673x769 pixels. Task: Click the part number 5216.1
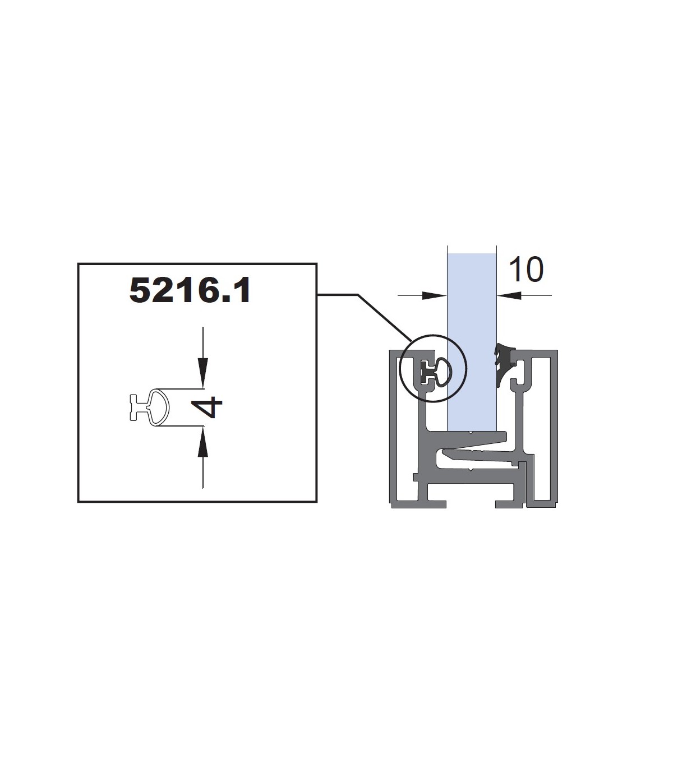click(190, 291)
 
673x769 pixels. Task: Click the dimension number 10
click(526, 269)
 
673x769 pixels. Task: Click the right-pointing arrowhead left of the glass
click(434, 296)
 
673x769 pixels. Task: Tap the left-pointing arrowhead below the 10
click(509, 296)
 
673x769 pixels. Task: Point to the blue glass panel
click(472, 342)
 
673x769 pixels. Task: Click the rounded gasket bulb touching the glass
click(444, 372)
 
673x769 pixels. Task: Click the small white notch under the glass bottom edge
click(470, 433)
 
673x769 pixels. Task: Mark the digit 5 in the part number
click(140, 291)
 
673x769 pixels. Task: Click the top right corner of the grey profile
click(557, 350)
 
